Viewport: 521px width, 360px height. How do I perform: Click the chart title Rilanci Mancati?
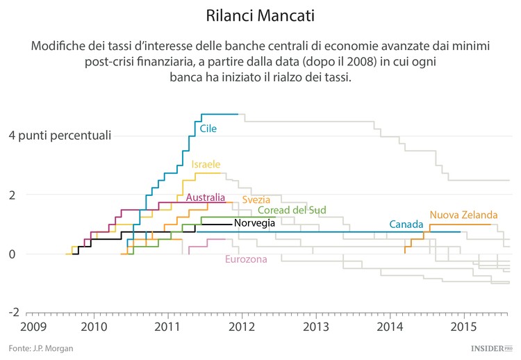[260, 15]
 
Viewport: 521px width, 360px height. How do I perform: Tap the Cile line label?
[208, 129]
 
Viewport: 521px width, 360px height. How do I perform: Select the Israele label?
[206, 165]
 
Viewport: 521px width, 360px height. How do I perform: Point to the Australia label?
[206, 197]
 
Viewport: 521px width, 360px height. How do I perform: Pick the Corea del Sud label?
[292, 211]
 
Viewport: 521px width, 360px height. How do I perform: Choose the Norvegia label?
[254, 223]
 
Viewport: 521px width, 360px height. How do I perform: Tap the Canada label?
[406, 224]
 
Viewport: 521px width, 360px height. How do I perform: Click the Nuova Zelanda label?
[463, 215]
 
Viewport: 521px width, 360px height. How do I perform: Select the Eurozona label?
[246, 260]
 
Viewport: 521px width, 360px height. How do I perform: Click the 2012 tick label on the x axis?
[241, 326]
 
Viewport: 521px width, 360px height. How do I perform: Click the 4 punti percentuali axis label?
[59, 135]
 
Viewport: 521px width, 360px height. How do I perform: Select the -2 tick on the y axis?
[13, 313]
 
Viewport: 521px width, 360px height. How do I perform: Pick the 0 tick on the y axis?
[12, 254]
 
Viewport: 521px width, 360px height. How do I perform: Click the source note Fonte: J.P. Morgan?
[41, 347]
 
